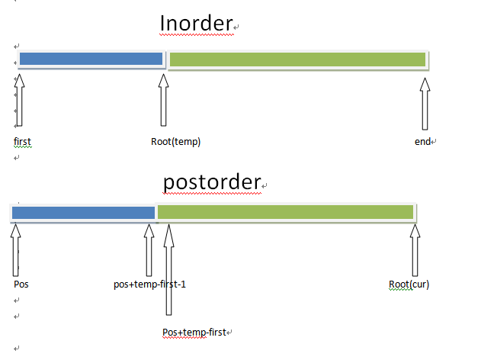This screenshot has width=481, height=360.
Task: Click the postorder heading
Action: point(212,183)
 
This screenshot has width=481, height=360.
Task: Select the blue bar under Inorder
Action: point(91,59)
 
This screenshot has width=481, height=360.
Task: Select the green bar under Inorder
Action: point(297,59)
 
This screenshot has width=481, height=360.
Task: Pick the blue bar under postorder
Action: point(83,212)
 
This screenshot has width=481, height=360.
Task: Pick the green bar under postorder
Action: point(286,212)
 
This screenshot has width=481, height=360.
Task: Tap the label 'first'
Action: point(23,142)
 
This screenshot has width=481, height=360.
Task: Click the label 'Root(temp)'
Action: point(175,142)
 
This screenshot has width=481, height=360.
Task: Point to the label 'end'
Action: point(422,142)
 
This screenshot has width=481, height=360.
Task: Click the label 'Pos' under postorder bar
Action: point(21,284)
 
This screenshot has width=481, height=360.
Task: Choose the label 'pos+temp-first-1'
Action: point(149,284)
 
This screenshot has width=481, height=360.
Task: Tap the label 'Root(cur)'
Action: point(409,284)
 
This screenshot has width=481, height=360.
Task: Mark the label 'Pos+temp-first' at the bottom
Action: point(195,333)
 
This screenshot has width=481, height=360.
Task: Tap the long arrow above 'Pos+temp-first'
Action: point(168,268)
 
